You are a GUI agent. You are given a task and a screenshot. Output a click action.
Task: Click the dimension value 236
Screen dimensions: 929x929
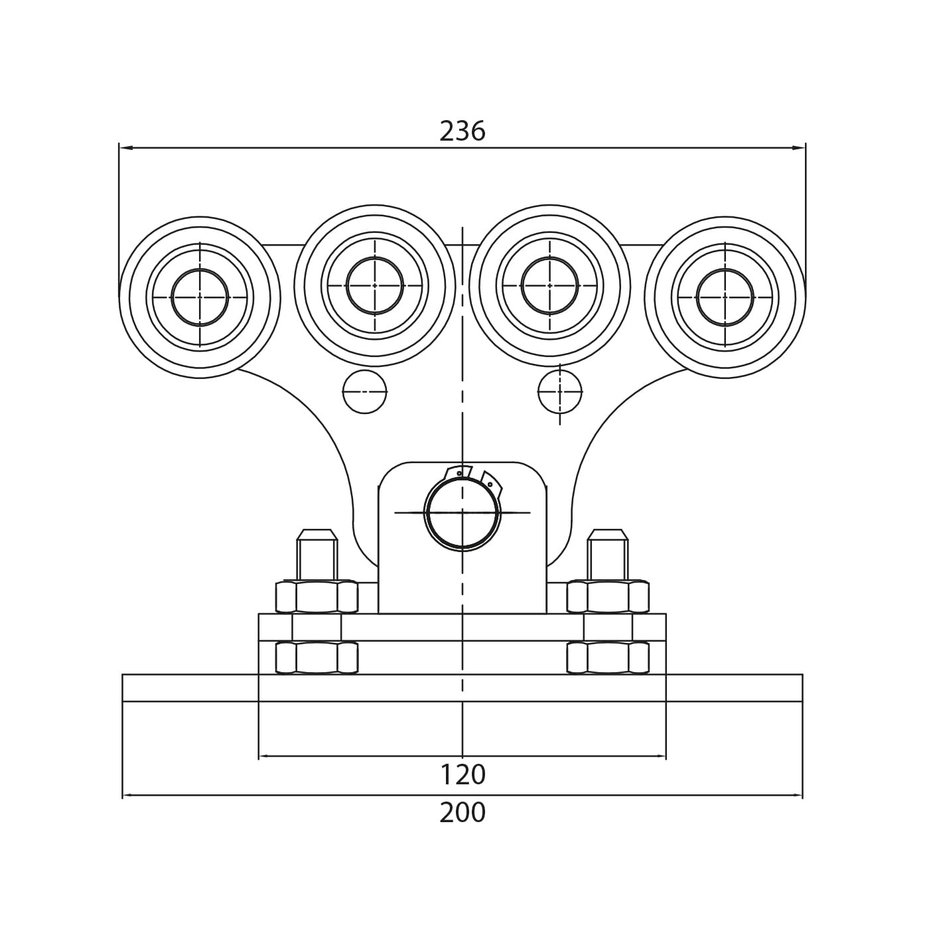[462, 131]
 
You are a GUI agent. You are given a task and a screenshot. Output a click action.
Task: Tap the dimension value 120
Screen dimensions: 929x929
[462, 775]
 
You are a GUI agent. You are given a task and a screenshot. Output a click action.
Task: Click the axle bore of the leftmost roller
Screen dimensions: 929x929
[200, 297]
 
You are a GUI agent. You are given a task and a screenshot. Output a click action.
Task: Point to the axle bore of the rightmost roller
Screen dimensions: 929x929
[725, 297]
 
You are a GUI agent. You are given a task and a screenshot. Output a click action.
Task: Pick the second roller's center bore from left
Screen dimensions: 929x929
[375, 285]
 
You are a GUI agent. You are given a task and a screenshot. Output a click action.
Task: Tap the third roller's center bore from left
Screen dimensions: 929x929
[549, 285]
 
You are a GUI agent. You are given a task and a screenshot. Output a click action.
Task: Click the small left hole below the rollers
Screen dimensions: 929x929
[365, 392]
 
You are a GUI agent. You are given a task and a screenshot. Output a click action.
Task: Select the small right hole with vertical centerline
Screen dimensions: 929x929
[559, 392]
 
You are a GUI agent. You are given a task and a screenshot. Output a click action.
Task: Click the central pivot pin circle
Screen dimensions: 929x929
[462, 513]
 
